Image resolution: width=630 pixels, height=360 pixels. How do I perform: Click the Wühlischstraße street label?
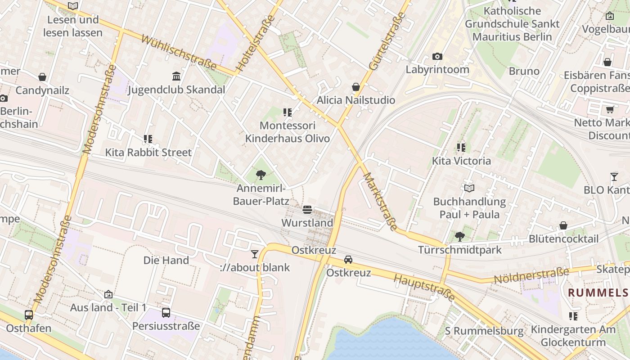(x=179, y=53)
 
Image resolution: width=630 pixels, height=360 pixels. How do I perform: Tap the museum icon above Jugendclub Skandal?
(x=176, y=76)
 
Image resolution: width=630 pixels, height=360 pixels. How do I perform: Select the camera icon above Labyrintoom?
(x=437, y=56)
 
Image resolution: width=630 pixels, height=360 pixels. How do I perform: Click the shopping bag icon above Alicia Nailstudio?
(x=356, y=86)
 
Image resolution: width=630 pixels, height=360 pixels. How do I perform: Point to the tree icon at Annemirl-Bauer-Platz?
(x=261, y=175)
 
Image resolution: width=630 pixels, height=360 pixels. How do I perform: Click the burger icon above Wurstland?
(x=307, y=209)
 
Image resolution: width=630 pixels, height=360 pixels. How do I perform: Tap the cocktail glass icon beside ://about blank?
(x=255, y=254)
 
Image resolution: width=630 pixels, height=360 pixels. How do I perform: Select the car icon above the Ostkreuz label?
(x=348, y=259)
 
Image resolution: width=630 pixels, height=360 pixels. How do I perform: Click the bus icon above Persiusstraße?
(x=166, y=312)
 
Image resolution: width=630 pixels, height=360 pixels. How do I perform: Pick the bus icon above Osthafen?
(x=29, y=315)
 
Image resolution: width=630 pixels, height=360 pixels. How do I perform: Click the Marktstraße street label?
(x=381, y=202)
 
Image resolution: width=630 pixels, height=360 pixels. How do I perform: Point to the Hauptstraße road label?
(x=424, y=287)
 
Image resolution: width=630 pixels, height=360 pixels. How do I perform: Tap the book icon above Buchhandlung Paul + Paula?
(x=469, y=188)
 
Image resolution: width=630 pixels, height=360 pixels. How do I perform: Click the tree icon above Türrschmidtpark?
(x=459, y=236)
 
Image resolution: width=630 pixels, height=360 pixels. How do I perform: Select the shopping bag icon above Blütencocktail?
(x=563, y=225)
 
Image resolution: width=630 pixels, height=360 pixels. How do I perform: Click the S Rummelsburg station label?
(x=484, y=331)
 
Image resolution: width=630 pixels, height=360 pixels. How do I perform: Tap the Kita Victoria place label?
(x=461, y=161)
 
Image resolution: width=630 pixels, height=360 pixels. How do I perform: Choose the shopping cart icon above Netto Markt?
(x=610, y=109)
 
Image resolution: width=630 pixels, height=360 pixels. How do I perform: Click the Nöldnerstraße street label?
(x=531, y=275)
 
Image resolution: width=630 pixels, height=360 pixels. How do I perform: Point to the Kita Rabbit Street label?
(x=148, y=153)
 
